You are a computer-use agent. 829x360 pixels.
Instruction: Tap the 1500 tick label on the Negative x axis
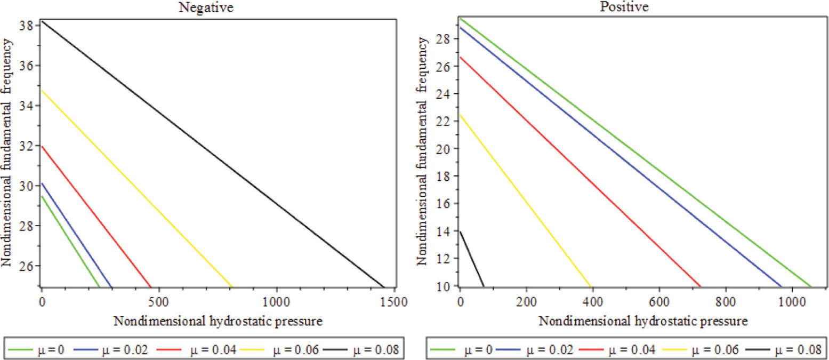tap(394, 300)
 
